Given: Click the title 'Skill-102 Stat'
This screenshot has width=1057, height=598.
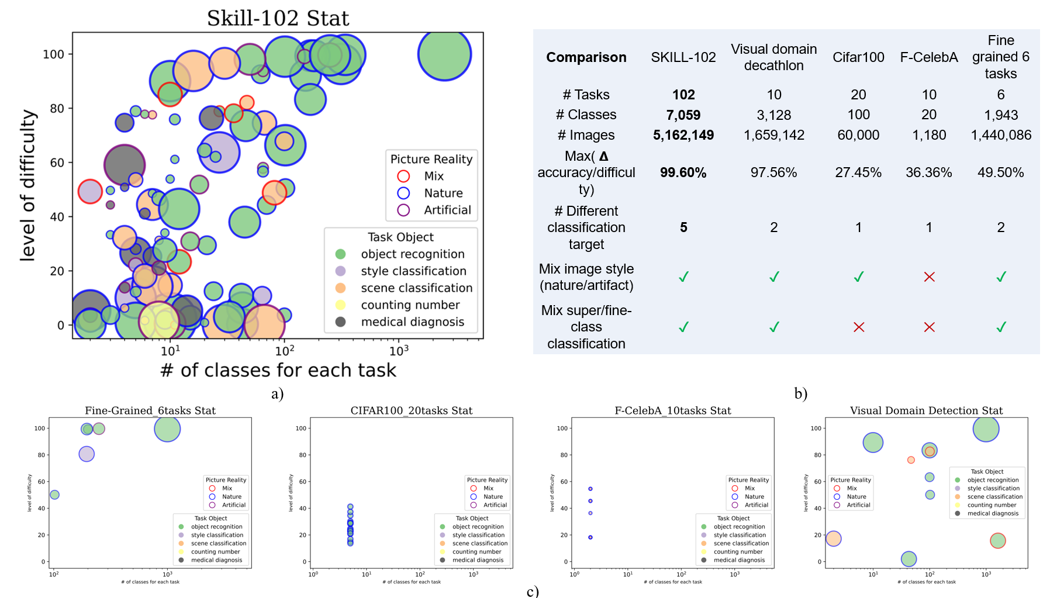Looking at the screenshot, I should [x=278, y=18].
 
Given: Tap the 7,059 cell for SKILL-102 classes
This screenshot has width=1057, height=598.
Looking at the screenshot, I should [x=683, y=115].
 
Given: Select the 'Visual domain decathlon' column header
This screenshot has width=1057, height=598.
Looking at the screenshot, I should [x=773, y=57].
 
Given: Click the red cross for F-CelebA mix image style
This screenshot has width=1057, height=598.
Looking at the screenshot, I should [x=929, y=276].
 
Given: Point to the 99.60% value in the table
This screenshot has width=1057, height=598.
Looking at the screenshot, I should [x=683, y=173].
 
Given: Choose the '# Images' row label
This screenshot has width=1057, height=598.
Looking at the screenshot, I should [x=586, y=135].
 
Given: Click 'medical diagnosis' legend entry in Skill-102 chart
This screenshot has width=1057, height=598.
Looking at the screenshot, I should [x=412, y=322].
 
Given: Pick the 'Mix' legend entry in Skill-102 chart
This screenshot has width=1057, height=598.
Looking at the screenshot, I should [x=434, y=176].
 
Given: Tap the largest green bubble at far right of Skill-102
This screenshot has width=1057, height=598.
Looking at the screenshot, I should [x=444, y=54].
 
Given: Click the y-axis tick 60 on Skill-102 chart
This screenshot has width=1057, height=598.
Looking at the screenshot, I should [x=57, y=163].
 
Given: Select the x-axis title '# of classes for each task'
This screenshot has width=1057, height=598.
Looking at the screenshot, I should [x=278, y=370].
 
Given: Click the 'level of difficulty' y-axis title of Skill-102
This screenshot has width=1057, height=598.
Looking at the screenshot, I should [x=27, y=185].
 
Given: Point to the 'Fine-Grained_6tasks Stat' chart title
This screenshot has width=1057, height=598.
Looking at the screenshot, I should [x=150, y=410].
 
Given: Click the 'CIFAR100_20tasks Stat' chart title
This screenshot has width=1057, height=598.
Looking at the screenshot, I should [x=412, y=410].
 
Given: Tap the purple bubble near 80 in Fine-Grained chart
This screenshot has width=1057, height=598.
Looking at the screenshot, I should [x=87, y=454].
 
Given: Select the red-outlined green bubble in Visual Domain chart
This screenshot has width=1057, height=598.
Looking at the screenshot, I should [x=997, y=541].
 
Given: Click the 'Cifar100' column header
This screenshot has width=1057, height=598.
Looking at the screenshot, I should [x=858, y=57].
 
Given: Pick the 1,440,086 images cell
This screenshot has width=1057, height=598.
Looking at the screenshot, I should [x=1001, y=135].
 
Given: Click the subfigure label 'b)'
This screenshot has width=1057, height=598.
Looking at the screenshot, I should [x=800, y=393].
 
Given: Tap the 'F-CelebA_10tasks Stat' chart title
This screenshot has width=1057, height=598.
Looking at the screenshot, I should [x=673, y=410].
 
